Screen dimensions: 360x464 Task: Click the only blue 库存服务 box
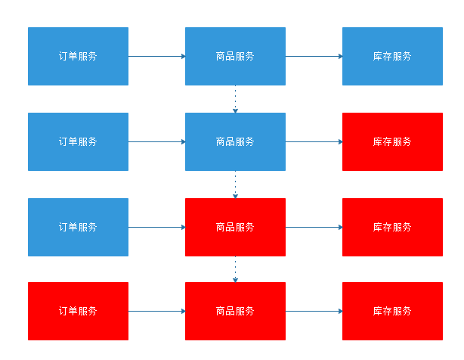392,56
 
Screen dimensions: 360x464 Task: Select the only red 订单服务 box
78,311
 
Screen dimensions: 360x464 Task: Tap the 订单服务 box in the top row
78,56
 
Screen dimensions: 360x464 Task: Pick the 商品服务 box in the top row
235,56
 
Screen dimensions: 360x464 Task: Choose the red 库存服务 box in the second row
392,141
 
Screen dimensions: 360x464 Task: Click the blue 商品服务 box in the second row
235,141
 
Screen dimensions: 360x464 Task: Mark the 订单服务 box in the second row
78,141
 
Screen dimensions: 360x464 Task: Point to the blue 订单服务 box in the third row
78,227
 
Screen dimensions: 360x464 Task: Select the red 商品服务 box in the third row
235,227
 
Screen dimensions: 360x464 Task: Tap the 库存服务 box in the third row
392,227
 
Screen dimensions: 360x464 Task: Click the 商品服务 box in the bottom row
235,311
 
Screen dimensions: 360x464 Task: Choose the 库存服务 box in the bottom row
392,311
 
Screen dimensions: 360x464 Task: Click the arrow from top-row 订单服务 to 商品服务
156,56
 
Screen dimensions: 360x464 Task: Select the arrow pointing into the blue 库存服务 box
314,56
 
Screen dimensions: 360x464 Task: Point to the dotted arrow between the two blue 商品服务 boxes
235,99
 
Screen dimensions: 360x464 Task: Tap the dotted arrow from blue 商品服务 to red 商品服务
235,185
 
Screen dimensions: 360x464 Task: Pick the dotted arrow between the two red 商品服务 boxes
235,269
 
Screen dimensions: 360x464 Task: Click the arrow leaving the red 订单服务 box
156,311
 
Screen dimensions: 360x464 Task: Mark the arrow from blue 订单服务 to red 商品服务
156,227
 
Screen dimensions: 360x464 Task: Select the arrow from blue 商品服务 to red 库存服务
314,141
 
